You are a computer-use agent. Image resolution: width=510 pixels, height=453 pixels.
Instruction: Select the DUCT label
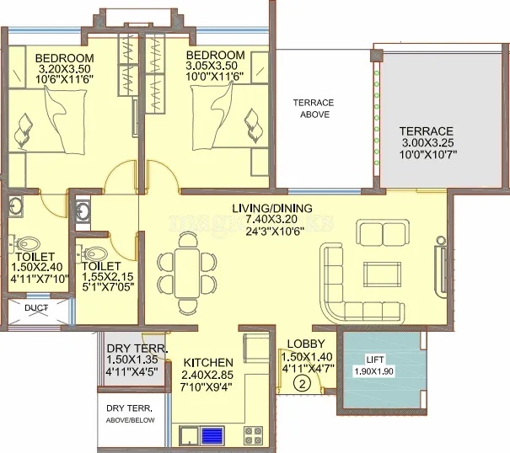pyautogui.click(x=35, y=308)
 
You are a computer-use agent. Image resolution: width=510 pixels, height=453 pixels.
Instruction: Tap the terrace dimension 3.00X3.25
pyautogui.click(x=426, y=144)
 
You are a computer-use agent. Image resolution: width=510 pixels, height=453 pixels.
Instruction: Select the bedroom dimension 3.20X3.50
pyautogui.click(x=63, y=68)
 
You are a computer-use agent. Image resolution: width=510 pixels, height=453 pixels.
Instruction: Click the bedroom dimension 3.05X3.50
pyautogui.click(x=216, y=66)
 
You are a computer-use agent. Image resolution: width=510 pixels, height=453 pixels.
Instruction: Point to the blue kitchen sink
pyautogui.click(x=212, y=435)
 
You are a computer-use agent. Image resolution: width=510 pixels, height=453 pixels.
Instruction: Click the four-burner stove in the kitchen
pyautogui.click(x=254, y=435)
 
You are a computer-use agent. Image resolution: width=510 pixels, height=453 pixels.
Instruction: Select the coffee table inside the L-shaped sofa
pyautogui.click(x=379, y=272)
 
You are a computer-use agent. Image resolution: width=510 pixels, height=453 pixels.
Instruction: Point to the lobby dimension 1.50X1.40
pyautogui.click(x=302, y=356)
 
